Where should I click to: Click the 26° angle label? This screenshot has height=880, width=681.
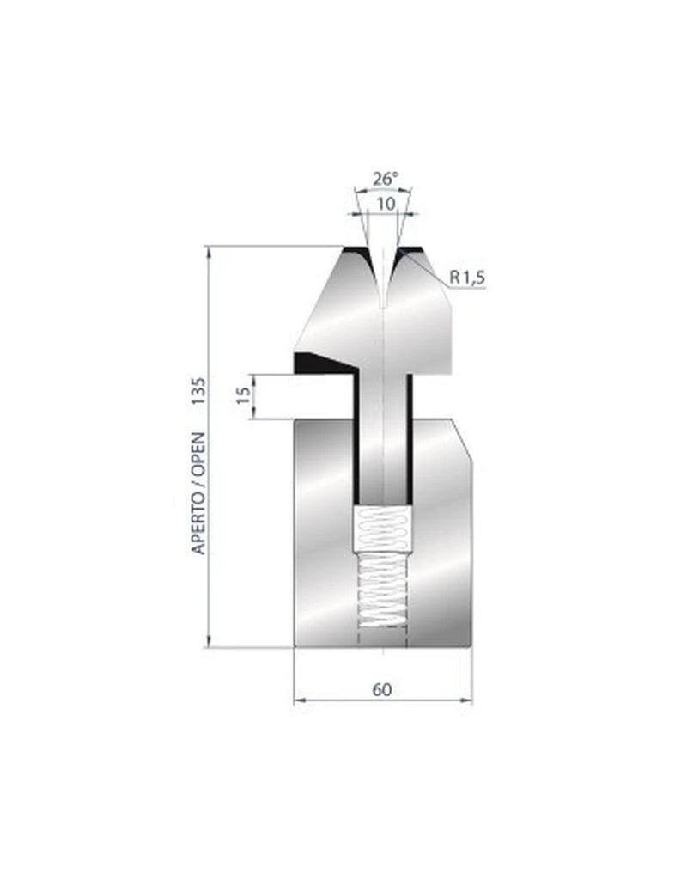tap(386, 179)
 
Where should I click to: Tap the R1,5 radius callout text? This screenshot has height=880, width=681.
tap(468, 277)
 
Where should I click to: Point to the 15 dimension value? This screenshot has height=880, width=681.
tap(243, 395)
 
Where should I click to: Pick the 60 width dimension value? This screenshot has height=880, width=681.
tap(383, 688)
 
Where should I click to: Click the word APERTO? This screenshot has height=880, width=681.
tap(198, 518)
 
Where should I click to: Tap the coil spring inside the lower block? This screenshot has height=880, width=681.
tap(380, 567)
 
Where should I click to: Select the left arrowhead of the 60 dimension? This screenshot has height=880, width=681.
tap(299, 701)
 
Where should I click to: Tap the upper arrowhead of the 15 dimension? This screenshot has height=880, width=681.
tap(252, 378)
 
